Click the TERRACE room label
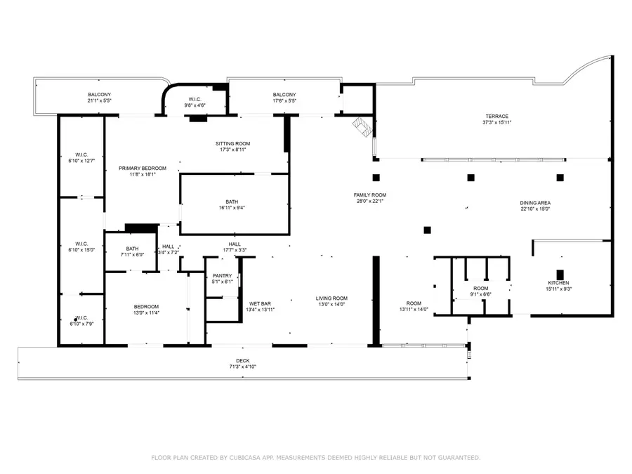496,117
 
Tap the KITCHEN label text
558,283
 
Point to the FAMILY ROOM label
369,195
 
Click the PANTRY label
222,275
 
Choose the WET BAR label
259,303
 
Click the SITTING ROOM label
232,144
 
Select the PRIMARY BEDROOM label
142,168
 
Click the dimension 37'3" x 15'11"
496,123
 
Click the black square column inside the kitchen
560,274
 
